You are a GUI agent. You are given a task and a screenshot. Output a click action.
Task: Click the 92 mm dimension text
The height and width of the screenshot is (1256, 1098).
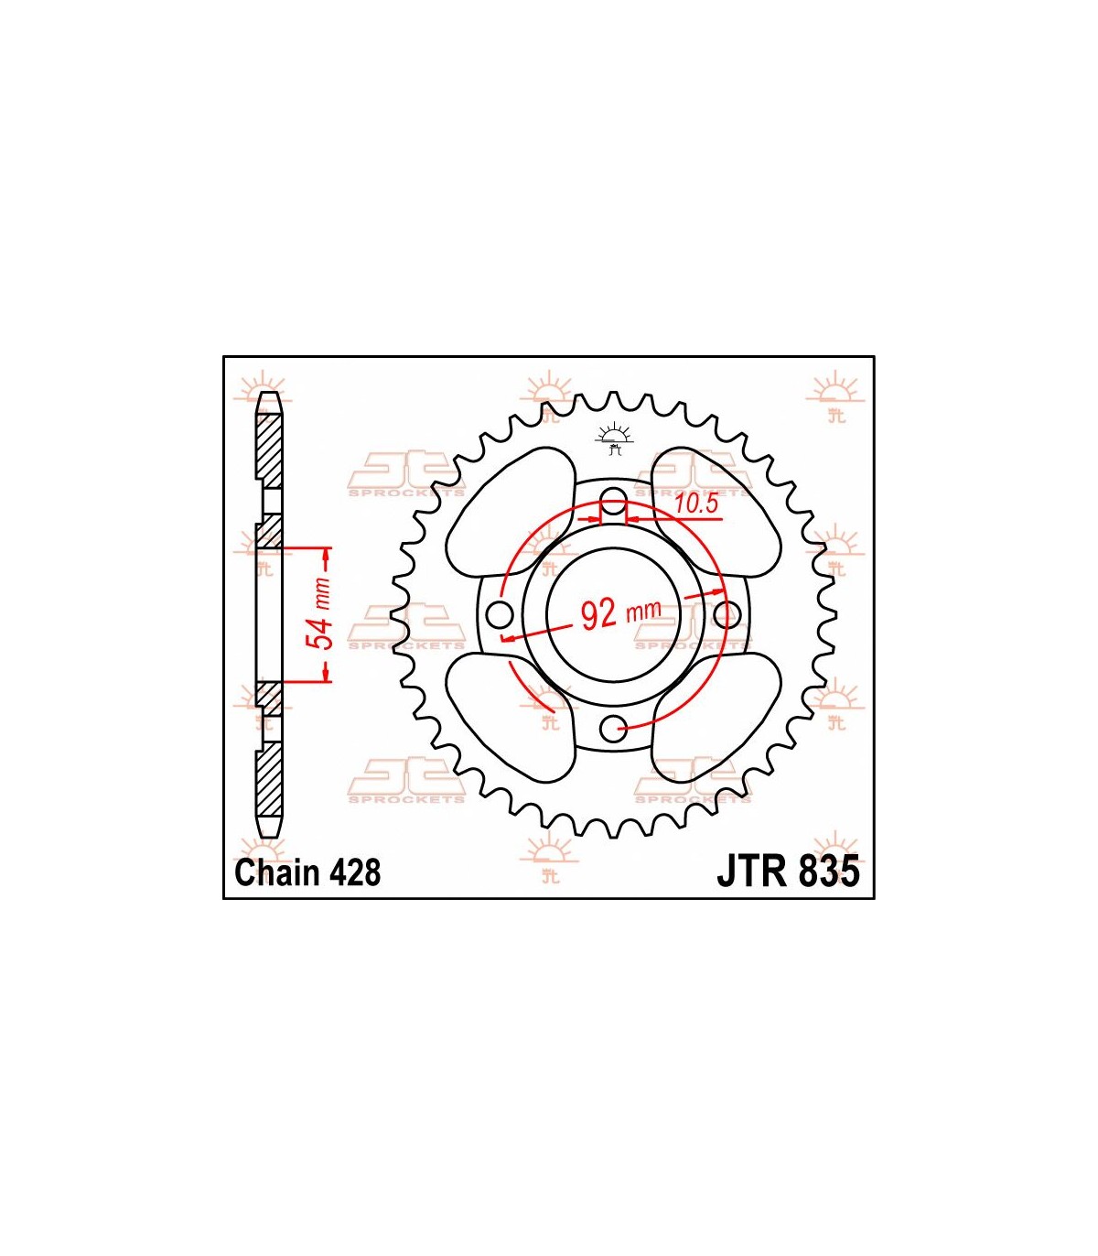tap(620, 612)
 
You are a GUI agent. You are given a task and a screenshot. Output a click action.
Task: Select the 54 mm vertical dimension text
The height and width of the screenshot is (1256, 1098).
tap(319, 614)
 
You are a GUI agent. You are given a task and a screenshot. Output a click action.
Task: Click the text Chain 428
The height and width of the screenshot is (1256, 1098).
tap(307, 872)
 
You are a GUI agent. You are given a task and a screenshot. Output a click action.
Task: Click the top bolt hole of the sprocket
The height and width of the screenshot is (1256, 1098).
tap(613, 497)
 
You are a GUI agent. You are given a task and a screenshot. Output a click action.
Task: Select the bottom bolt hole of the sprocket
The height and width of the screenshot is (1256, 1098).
tap(613, 730)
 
